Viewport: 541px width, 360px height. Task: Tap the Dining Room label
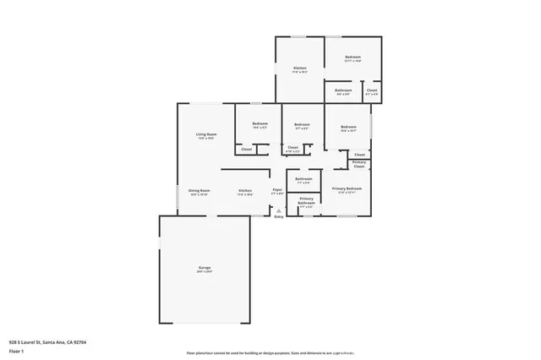pyautogui.click(x=199, y=191)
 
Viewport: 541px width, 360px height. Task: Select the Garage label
pyautogui.click(x=205, y=268)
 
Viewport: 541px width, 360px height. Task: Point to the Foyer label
pyautogui.click(x=277, y=190)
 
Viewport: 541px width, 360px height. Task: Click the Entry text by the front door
pyautogui.click(x=279, y=217)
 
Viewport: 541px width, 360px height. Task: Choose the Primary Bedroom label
pyautogui.click(x=347, y=188)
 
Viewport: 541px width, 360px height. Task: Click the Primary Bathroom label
pyautogui.click(x=306, y=200)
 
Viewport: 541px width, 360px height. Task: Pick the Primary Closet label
pyautogui.click(x=359, y=166)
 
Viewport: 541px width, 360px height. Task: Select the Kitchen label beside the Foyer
pyautogui.click(x=245, y=191)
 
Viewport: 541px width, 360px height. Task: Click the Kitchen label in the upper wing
pyautogui.click(x=299, y=68)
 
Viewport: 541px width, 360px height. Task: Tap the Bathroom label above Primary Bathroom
pyautogui.click(x=304, y=179)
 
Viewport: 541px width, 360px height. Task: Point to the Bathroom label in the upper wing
pyautogui.click(x=343, y=90)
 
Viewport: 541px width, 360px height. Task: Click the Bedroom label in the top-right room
pyautogui.click(x=353, y=57)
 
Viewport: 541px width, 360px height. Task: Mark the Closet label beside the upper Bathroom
pyautogui.click(x=372, y=90)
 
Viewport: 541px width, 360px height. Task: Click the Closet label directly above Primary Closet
pyautogui.click(x=359, y=155)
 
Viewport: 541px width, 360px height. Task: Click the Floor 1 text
pyautogui.click(x=18, y=350)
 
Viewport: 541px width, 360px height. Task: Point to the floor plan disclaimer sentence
pyautogui.click(x=270, y=352)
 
